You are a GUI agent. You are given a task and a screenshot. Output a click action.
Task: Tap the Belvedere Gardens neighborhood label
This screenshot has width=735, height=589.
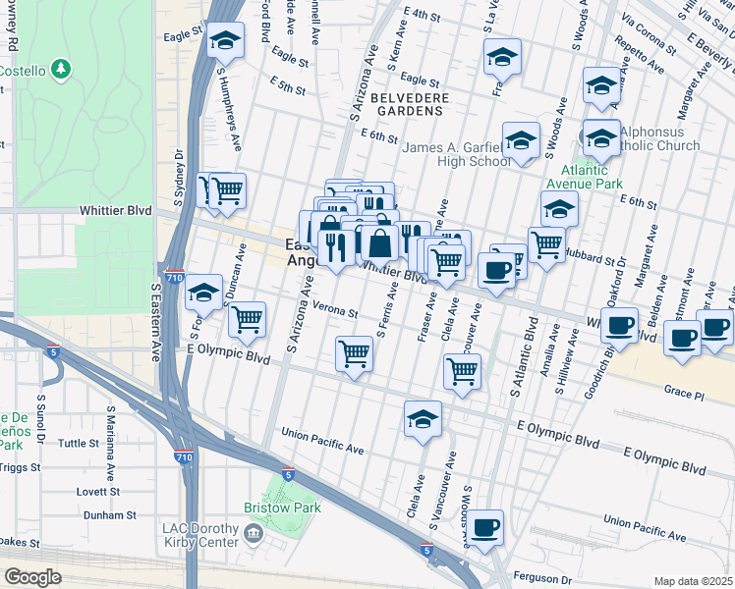(x=410, y=104)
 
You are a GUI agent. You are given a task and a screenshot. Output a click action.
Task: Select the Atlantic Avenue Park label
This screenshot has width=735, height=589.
(x=585, y=175)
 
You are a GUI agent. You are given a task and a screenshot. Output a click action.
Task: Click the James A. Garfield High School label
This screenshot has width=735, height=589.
(x=458, y=154)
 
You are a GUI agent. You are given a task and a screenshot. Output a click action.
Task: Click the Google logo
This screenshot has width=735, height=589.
(x=32, y=577)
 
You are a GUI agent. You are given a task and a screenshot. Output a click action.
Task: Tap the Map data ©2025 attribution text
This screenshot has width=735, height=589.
(x=693, y=581)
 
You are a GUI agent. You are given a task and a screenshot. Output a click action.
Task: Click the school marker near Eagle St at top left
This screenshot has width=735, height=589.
(x=226, y=42)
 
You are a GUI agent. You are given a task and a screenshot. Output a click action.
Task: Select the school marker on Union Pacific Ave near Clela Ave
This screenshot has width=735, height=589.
(x=424, y=419)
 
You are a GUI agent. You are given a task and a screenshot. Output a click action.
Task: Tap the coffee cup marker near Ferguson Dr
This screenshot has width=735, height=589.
(x=483, y=528)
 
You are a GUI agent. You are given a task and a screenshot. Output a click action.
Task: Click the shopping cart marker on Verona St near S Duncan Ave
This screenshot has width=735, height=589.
(x=247, y=318)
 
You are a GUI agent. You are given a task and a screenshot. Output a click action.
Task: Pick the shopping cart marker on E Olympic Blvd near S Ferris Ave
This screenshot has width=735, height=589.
(x=354, y=354)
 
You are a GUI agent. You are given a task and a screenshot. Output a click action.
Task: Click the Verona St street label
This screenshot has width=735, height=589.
(x=336, y=311)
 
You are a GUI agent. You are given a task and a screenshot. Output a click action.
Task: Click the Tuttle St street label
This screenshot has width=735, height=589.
(x=80, y=444)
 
